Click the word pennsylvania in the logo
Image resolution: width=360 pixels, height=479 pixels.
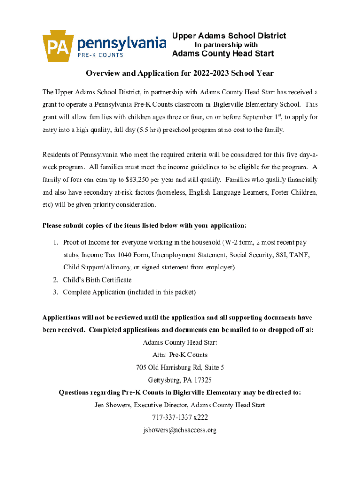[122, 44]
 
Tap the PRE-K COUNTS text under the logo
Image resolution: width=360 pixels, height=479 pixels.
[100, 55]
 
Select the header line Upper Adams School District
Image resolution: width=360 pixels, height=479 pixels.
[229, 36]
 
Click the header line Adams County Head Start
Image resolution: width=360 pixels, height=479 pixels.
[223, 54]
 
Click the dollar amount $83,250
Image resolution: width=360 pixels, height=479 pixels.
[139, 180]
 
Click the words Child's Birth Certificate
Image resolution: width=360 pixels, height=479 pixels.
[97, 280]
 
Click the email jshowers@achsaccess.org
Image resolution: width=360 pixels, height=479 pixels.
[180, 430]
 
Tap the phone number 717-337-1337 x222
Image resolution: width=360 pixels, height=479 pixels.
[180, 418]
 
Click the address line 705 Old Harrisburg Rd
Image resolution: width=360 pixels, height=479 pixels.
[180, 367]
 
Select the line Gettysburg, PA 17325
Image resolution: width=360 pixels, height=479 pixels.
[180, 380]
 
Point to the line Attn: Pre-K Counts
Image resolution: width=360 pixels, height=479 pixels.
[180, 355]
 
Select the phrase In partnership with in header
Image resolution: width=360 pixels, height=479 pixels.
[226, 45]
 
